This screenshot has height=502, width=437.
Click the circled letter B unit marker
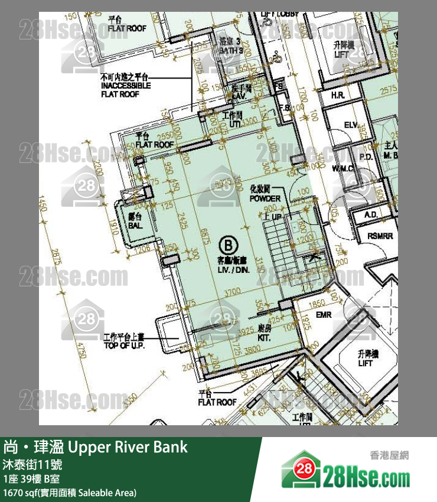227,243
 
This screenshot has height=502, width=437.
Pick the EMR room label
323,315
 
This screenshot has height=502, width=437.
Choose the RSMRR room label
379,236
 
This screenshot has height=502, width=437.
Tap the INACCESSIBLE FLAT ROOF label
126,86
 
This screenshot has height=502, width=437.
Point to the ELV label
351,125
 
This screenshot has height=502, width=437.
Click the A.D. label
371,214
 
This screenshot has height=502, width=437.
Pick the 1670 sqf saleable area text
70,492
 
